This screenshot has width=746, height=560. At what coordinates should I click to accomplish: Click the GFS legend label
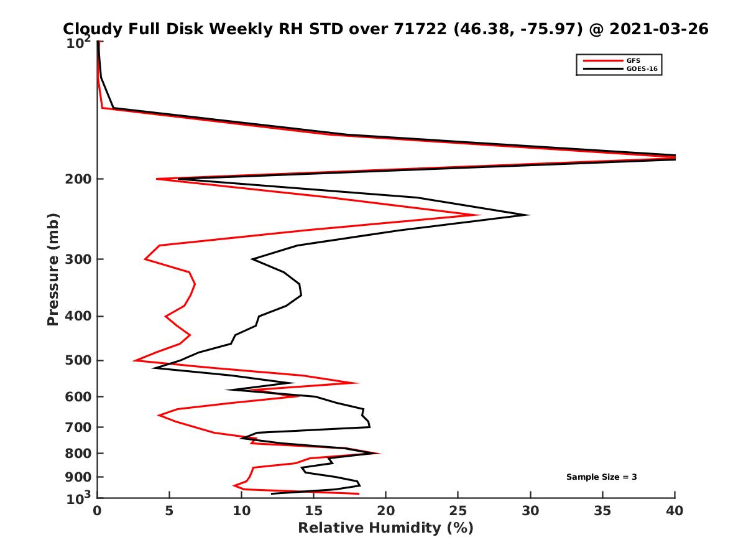(632, 60)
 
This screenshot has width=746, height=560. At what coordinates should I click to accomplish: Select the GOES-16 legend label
(640, 69)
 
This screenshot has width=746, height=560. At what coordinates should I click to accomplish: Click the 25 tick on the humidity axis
(458, 511)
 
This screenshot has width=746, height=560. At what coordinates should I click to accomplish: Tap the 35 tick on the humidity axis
(602, 511)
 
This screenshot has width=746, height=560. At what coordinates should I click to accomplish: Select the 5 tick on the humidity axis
(169, 511)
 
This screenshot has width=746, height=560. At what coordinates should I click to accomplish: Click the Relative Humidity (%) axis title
(385, 528)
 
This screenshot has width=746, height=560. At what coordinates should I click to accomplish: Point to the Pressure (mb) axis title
(53, 269)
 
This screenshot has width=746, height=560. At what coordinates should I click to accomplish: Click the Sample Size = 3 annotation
(601, 477)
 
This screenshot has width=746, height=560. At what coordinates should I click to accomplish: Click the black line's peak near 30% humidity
(529, 215)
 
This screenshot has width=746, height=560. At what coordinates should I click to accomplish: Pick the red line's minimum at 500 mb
(134, 360)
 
